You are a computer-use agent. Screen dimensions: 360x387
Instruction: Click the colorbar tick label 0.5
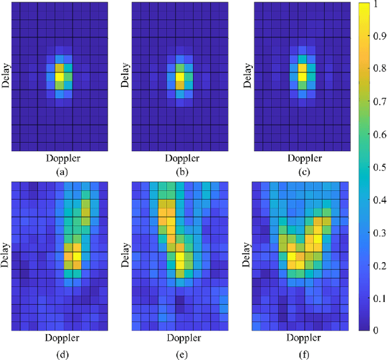376,167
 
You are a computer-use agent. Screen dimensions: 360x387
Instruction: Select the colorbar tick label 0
372,330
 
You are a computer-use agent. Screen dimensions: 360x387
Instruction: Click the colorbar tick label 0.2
376,265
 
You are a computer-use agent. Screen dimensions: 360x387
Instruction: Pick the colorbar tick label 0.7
376,103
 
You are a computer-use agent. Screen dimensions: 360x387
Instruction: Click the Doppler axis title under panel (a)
63,159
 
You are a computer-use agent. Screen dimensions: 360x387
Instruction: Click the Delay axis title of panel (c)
249,76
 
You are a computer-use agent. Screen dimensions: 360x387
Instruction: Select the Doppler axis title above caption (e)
184,337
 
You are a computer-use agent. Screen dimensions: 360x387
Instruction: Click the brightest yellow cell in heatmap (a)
59,77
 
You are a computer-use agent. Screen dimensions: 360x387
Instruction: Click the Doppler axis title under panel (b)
184,159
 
